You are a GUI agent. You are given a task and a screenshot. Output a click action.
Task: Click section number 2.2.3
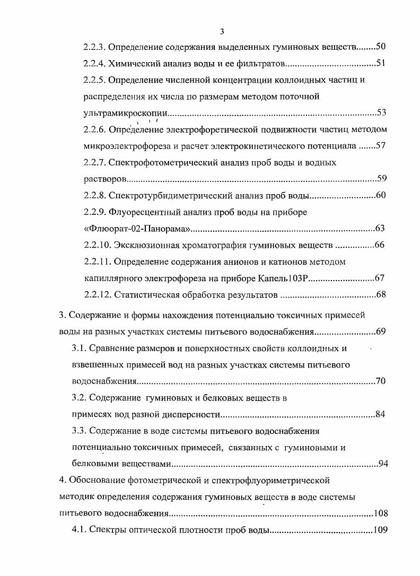[96, 47]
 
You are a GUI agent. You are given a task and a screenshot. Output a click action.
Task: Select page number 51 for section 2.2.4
[380, 64]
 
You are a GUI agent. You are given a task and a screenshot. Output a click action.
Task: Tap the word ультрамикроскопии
[126, 113]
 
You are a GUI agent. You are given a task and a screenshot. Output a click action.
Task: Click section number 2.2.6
[96, 129]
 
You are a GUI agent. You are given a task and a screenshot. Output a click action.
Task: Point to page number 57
[380, 145]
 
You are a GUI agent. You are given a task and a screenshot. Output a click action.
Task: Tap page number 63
[380, 229]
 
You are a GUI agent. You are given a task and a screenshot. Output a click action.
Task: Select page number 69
[380, 332]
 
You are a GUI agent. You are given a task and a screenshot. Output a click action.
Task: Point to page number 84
[380, 414]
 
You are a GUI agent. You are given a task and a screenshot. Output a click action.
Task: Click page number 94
[383, 464]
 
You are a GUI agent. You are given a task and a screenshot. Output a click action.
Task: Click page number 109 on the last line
[380, 530]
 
